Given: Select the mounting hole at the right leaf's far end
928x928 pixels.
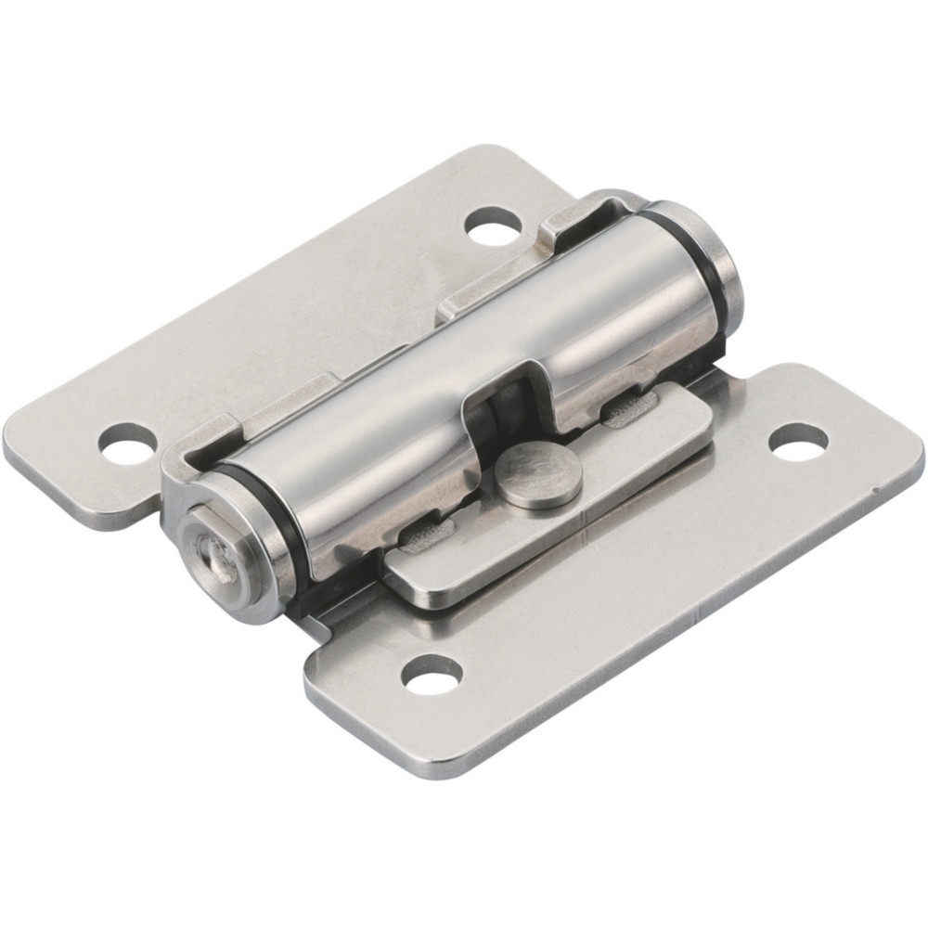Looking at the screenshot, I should (x=797, y=441).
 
